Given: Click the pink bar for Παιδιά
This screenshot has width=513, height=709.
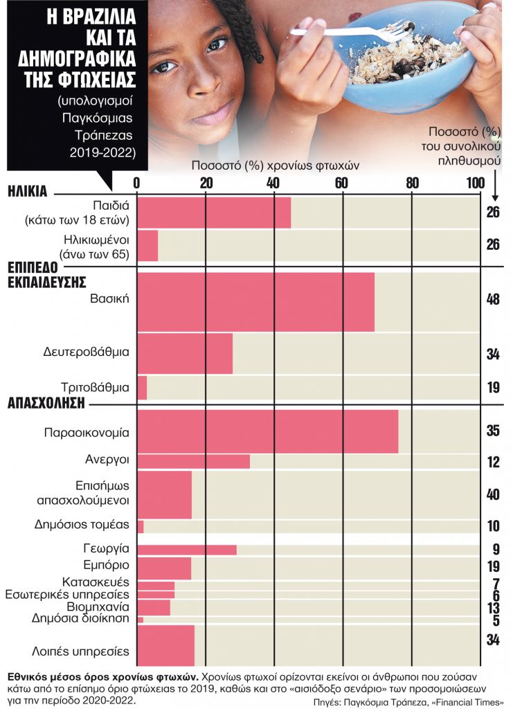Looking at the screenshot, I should point(214,213).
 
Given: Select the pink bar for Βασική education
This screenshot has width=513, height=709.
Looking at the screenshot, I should point(256,301).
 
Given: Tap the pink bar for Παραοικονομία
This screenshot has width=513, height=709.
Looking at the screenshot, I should point(268,431).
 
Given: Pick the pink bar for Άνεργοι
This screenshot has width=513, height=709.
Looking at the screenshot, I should point(194,461).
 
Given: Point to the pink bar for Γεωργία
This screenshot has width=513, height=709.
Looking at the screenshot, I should point(187,550).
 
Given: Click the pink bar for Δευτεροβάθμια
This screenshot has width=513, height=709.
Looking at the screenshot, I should point(185,353).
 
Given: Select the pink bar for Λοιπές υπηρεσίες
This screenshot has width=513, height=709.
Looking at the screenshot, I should point(166,645).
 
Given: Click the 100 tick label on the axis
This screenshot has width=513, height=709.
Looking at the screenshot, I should point(475,183).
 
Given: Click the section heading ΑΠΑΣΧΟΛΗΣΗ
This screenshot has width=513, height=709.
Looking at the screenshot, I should point(46,402).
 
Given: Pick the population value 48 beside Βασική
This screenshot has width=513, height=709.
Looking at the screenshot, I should point(493,300).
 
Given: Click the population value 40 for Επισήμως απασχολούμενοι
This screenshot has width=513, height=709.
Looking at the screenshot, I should point(493,494).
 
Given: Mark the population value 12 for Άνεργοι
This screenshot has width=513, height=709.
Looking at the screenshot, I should point(493,462).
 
